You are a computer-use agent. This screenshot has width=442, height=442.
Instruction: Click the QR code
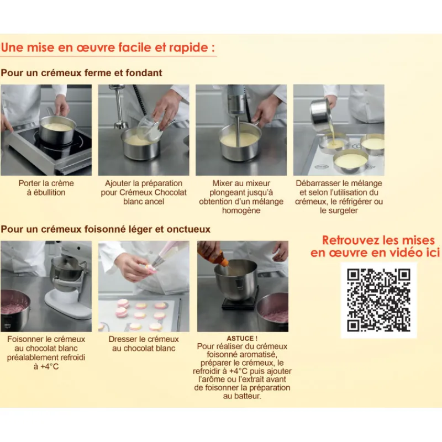[x=378, y=300]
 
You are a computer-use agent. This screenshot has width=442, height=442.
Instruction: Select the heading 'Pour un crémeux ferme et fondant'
[x=81, y=73]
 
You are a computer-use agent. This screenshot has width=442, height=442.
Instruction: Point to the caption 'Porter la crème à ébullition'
[x=46, y=188]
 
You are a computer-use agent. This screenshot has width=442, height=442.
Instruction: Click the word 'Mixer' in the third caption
[x=222, y=183]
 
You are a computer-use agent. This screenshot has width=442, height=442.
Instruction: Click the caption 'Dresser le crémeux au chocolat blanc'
[x=144, y=344]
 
